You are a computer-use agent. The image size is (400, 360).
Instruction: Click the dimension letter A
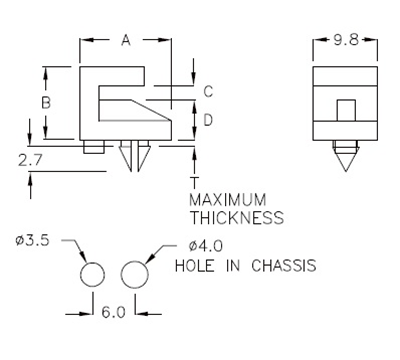126,40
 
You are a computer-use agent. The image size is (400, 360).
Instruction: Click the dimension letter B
45,103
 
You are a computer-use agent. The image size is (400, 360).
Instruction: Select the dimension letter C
208,91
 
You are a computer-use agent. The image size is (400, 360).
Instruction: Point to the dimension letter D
208,120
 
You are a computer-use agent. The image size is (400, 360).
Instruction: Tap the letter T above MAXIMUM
193,181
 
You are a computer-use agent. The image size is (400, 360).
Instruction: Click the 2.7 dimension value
30,158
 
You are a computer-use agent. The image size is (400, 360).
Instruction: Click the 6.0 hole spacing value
113,312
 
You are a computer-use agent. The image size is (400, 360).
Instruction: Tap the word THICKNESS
236,217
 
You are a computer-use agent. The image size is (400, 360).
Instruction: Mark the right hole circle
134,275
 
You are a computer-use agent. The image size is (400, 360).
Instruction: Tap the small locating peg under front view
94,147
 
